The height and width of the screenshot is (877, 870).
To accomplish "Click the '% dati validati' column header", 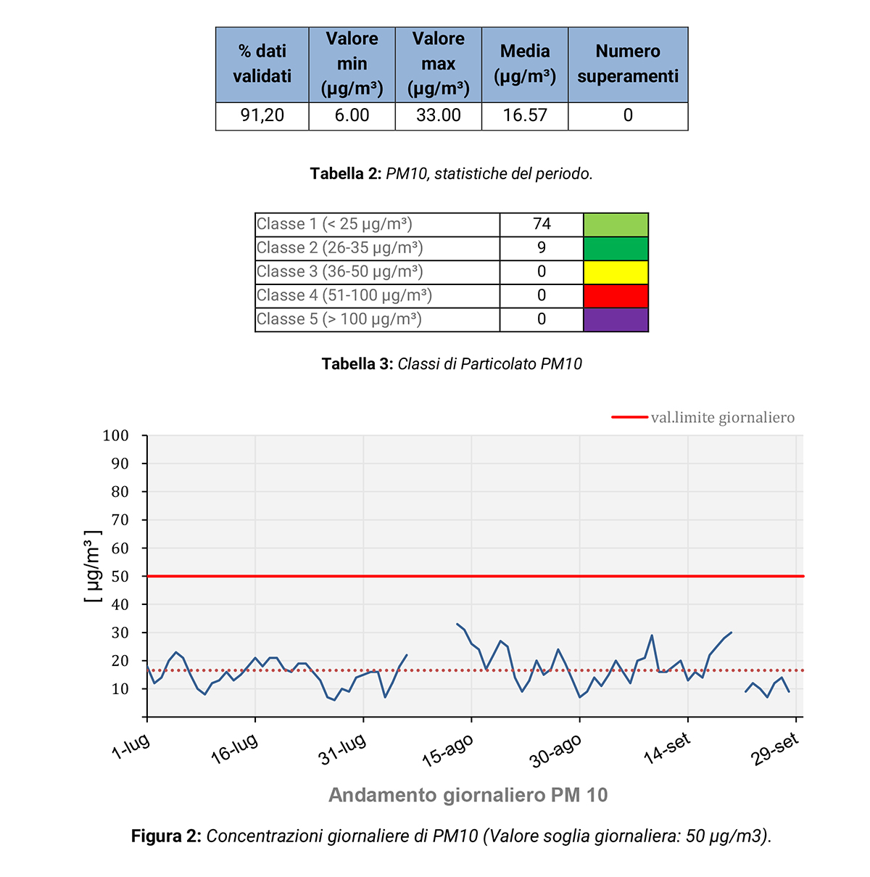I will pos(262,64).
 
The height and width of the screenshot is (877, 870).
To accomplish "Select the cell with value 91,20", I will pos(262,115).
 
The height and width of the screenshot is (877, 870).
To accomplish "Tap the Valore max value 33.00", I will pos(438,115).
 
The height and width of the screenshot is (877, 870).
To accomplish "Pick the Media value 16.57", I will pos(525,115).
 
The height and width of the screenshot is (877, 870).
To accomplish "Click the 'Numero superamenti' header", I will pos(628,64).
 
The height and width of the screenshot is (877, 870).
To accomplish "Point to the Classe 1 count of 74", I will pos(542,224).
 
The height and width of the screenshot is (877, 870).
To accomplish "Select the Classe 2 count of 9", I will pos(542,248).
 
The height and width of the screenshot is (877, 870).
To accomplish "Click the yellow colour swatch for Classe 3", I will pos(616,272).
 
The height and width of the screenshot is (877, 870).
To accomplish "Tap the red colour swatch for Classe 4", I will pos(616,296).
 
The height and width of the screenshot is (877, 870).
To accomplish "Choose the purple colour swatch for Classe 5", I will pos(616,320).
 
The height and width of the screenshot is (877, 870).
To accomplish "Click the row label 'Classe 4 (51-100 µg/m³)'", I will pos(344,296).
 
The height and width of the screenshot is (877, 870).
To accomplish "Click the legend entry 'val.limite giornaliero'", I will pos(722,418).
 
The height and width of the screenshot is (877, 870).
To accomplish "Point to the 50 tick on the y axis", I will pos(120,577).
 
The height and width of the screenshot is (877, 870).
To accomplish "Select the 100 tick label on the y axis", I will pos(116,436).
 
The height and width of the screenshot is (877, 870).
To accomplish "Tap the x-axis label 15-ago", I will pos(448,751).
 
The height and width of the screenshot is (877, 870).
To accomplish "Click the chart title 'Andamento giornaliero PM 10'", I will pos(468,795).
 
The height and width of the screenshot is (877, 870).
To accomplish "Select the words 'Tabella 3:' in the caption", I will pos(357,364).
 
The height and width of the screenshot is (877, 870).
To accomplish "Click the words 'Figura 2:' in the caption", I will pos(166,836).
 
